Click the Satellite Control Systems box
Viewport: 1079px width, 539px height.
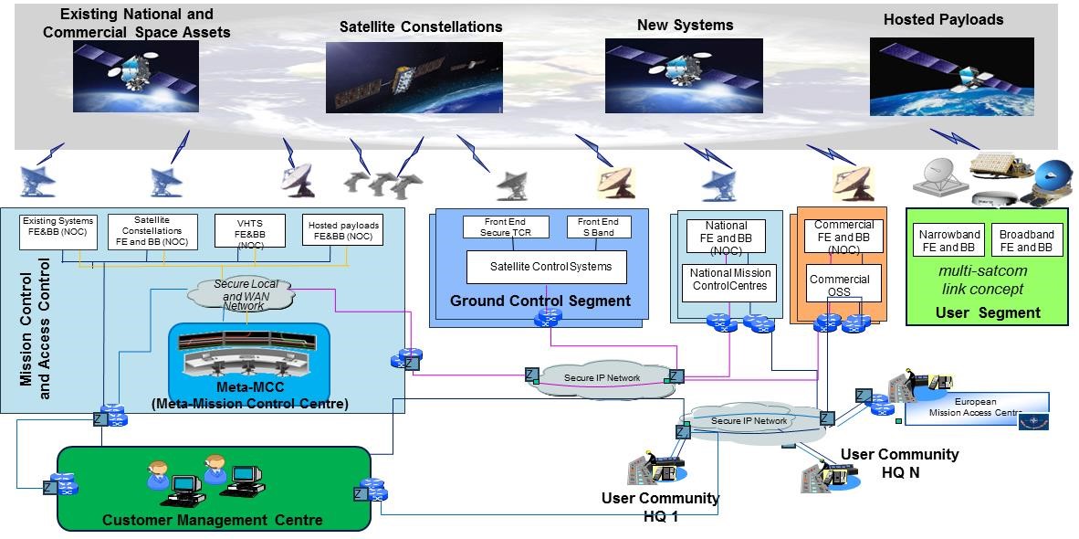tap(545, 267)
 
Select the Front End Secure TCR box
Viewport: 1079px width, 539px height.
tap(506, 227)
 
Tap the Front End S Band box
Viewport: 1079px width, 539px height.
tap(598, 227)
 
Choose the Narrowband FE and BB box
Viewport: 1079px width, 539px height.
tap(948, 240)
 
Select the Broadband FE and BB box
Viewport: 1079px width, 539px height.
tap(1026, 240)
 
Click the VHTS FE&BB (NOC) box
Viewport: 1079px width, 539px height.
tap(249, 232)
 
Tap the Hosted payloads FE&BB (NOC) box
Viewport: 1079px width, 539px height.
tap(343, 230)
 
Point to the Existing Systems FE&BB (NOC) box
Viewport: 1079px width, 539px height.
tap(59, 231)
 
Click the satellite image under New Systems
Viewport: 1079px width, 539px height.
tap(684, 76)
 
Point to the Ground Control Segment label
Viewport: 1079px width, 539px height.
tap(539, 301)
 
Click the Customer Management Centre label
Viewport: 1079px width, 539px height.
tap(212, 520)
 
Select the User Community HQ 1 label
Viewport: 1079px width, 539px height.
tap(660, 506)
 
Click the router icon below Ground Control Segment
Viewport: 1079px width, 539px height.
tap(548, 319)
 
